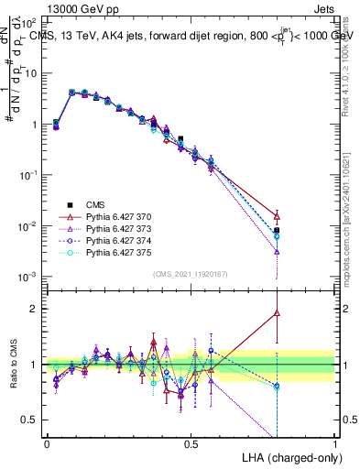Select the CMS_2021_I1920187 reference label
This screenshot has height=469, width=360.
(x=191, y=274)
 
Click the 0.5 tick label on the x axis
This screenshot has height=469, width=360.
(x=191, y=443)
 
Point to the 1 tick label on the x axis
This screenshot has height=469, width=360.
(x=334, y=443)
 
